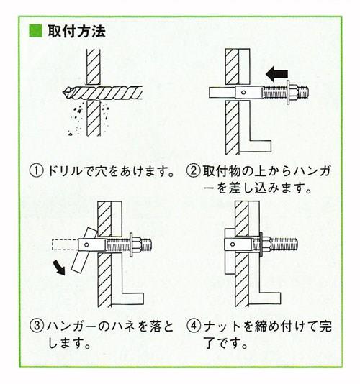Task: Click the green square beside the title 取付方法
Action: click(x=34, y=32)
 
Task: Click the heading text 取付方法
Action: click(x=76, y=32)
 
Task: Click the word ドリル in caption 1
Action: click(x=60, y=172)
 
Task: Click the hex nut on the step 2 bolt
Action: click(x=292, y=92)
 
